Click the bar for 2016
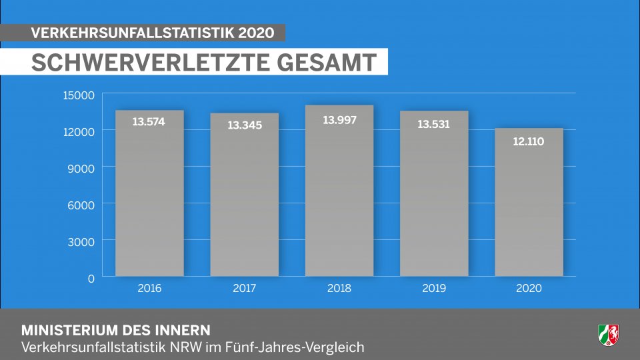(x=149, y=193)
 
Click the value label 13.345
(x=245, y=125)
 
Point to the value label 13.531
(x=433, y=123)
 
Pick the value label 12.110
(x=529, y=141)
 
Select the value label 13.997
(x=339, y=120)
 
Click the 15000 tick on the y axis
(x=79, y=95)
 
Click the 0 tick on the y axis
(x=91, y=278)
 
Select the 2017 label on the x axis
(x=245, y=289)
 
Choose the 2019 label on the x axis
(x=434, y=289)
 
